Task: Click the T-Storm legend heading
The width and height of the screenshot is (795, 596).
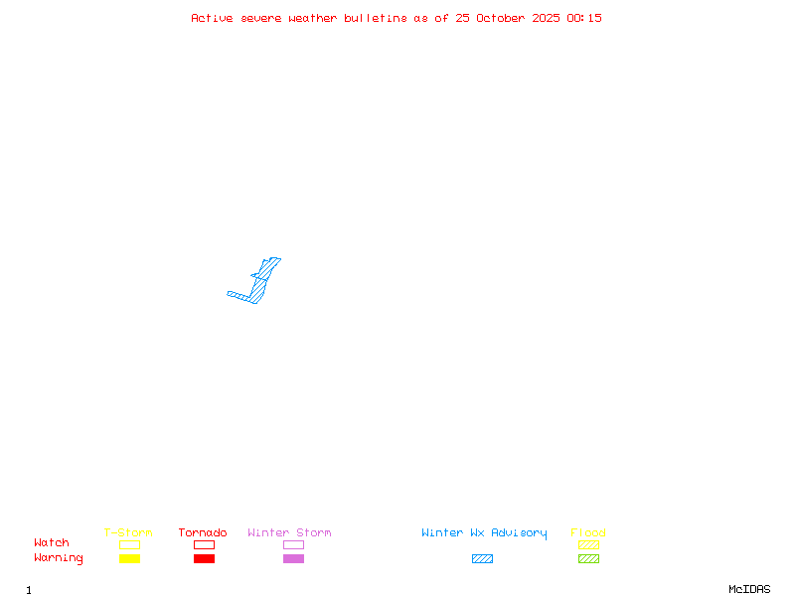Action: coord(128,533)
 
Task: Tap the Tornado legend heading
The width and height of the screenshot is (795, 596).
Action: coord(203,533)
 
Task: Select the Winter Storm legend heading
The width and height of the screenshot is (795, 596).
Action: coord(289,533)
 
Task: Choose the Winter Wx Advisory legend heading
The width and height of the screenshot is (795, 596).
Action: coord(484,533)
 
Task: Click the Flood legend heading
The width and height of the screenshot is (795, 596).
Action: coord(588,533)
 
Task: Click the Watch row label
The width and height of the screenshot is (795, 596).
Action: coord(52,543)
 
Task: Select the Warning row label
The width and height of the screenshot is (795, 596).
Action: coord(59,558)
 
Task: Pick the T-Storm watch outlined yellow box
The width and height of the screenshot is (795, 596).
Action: coord(129,544)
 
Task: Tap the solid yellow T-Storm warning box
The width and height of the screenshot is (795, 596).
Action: coord(129,558)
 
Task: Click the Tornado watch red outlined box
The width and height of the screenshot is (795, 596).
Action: coord(204,544)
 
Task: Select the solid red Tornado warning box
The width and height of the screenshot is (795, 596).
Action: coord(204,558)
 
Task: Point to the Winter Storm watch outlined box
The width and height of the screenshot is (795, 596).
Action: coord(293,544)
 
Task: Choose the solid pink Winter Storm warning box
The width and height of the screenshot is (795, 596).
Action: coord(293,558)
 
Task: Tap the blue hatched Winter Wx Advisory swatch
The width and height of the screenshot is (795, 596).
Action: coord(482,558)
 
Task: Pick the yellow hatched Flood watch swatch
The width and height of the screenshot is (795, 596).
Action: coord(588,544)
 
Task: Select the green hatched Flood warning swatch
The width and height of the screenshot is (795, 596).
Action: coord(588,558)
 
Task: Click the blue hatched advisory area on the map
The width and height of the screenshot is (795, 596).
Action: coord(259,287)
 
